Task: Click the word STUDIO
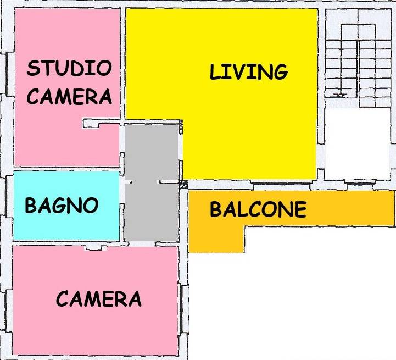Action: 69,69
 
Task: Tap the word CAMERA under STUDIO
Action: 69,97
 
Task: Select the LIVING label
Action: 248,72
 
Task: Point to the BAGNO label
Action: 62,206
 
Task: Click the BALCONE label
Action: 258,209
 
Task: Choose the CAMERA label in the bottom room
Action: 99,299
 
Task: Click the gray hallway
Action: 151,209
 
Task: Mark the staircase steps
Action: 357,55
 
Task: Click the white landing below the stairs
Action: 357,140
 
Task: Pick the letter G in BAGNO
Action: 61,206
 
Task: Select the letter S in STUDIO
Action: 34,69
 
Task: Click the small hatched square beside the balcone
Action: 183,185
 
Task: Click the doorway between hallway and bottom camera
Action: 93,248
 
